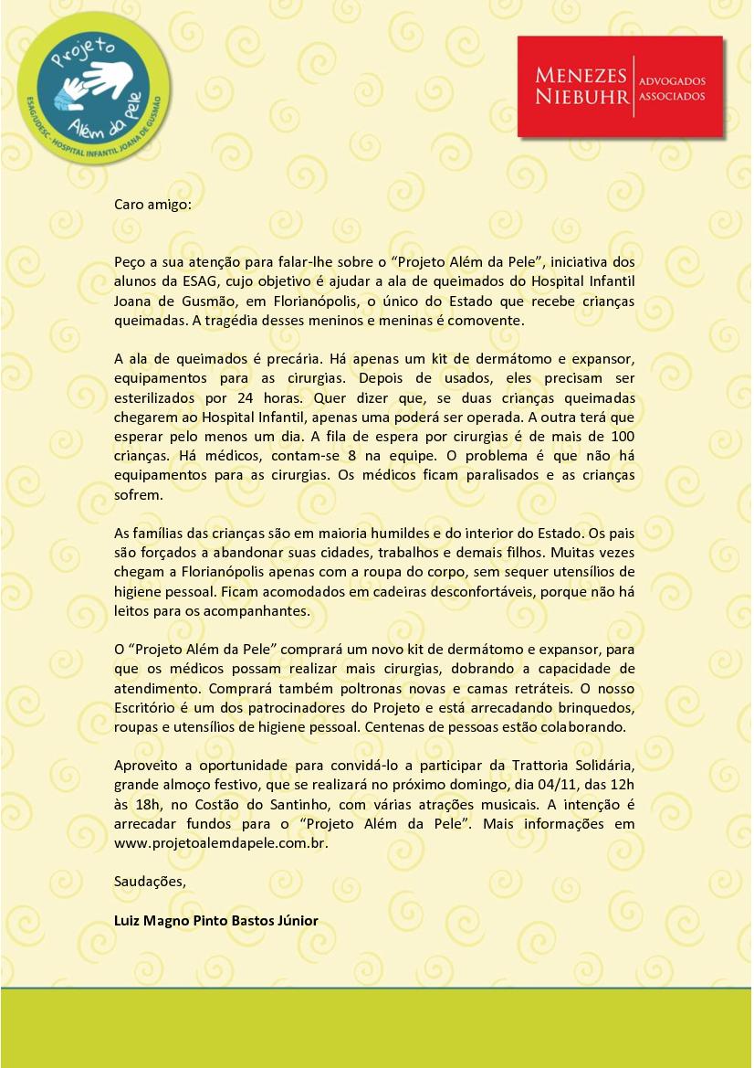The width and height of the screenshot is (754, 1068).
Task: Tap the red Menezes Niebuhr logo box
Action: point(620,87)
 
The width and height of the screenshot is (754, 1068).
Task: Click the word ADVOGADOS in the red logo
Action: point(673,80)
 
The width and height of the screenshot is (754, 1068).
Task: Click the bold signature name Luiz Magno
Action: point(215,920)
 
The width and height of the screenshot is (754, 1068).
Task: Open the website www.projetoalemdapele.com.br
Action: point(220,842)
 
